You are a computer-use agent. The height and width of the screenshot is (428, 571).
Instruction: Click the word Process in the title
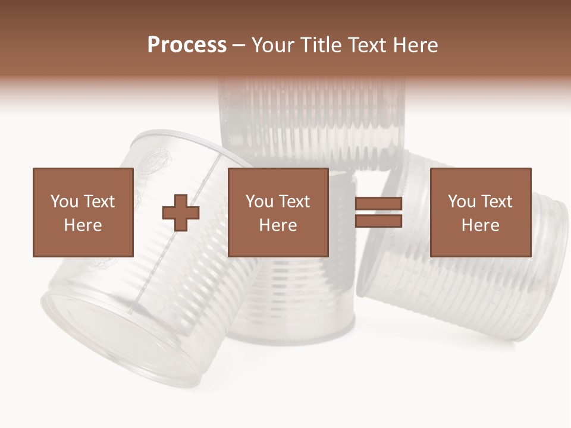(187, 45)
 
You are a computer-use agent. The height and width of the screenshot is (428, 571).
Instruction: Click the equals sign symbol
(378, 212)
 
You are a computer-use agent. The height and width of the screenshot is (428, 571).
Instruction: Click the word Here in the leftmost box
(83, 225)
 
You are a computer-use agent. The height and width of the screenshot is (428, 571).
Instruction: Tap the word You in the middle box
(259, 202)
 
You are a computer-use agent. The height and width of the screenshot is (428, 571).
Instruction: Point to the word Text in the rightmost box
(497, 202)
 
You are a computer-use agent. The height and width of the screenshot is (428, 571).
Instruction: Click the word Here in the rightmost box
(480, 225)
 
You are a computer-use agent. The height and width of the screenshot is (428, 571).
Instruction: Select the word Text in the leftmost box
(99, 202)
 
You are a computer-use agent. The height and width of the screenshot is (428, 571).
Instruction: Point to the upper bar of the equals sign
(378, 204)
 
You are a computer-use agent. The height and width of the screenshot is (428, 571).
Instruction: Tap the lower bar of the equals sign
(378, 221)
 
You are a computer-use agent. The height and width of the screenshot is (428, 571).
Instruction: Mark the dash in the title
(239, 46)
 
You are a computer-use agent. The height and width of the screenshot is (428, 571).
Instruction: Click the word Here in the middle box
(278, 225)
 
